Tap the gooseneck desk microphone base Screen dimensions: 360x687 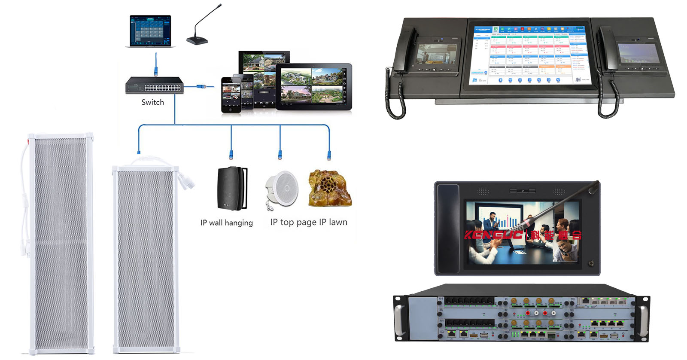[197, 41]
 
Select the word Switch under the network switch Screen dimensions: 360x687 [152, 102]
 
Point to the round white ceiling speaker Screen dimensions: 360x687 [283, 188]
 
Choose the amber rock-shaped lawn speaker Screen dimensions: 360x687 [329, 188]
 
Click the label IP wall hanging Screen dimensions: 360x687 [226, 223]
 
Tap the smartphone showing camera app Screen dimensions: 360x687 [231, 95]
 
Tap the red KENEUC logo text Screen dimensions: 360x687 [494, 235]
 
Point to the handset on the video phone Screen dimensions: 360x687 [448, 228]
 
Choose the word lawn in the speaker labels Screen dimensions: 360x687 [338, 222]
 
